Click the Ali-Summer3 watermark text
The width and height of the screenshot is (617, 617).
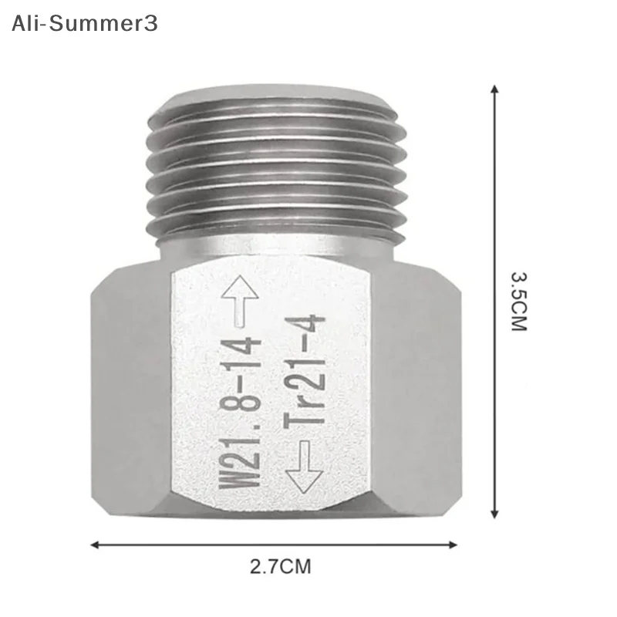(84, 23)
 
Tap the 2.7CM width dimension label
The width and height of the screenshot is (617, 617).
(280, 568)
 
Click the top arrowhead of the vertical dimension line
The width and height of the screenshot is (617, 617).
(494, 90)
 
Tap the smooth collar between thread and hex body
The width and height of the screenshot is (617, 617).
(276, 248)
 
